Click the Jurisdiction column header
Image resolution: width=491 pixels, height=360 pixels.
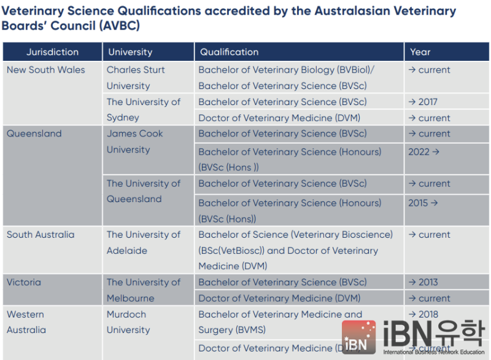52,52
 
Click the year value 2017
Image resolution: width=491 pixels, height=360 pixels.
428,102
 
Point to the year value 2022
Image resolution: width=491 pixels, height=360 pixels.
419,152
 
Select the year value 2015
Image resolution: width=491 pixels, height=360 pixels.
418,203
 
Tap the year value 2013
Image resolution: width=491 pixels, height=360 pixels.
428,282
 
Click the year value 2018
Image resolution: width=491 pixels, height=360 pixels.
428,315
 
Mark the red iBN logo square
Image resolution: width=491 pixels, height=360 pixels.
359,337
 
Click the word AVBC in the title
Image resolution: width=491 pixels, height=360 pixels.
119,26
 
